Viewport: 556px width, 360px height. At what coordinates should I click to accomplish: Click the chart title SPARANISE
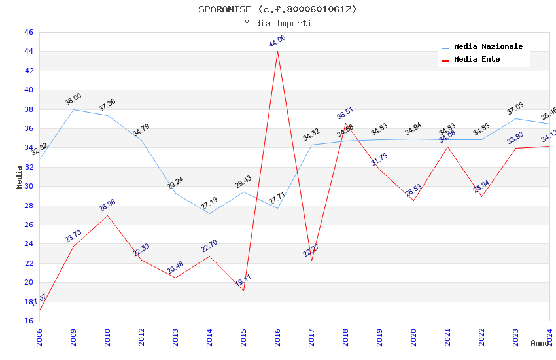(x=278, y=9)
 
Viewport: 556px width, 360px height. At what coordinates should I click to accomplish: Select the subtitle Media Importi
(x=278, y=23)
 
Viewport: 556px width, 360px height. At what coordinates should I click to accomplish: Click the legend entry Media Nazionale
(x=488, y=47)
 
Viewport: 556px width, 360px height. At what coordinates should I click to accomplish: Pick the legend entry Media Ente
(x=477, y=59)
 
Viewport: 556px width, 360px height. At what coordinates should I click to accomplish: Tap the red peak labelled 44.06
(x=277, y=51)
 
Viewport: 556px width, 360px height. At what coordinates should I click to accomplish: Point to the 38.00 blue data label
(x=73, y=99)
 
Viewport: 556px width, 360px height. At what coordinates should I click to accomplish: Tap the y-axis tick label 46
(x=28, y=32)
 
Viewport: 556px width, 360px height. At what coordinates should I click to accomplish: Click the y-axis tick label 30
(x=28, y=186)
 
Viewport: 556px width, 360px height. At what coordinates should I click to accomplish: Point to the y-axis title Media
(x=19, y=177)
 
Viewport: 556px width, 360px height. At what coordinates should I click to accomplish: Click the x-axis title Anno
(x=540, y=343)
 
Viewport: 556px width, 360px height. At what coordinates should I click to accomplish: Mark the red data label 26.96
(x=107, y=206)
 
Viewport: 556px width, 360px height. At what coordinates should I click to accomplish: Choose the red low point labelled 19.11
(x=243, y=290)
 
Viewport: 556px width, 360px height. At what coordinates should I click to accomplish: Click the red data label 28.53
(x=413, y=190)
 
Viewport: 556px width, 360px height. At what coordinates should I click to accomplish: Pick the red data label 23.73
(x=73, y=236)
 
